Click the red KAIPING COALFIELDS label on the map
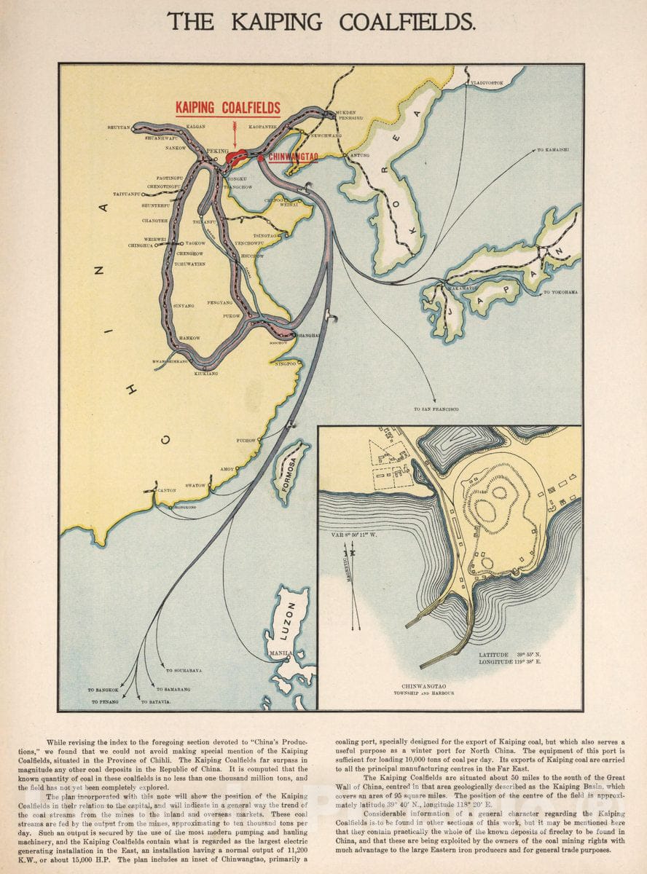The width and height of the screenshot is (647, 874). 228,109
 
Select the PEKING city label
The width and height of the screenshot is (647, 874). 217,151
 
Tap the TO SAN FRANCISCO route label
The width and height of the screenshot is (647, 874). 436,409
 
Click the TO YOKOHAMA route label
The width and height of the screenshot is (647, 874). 560,292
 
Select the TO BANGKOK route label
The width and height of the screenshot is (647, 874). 101,689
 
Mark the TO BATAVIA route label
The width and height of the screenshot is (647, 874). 156,701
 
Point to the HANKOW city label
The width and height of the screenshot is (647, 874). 189,339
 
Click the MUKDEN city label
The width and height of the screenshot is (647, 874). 345,112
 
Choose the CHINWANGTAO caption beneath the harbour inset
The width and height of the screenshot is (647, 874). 427,685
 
